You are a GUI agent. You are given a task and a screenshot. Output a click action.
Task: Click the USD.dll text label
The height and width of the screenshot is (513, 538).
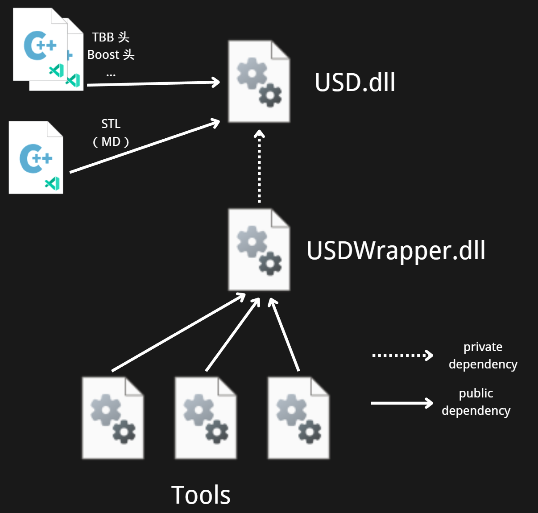(355, 82)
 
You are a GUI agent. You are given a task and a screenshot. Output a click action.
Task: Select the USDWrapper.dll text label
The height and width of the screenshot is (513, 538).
(396, 251)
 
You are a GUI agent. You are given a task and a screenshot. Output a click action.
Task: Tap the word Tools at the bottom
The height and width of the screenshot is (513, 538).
(201, 494)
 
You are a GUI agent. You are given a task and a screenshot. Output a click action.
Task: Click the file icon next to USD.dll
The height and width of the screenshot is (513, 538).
(259, 81)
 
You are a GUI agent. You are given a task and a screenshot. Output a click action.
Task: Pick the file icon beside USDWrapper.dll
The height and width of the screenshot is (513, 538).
(259, 249)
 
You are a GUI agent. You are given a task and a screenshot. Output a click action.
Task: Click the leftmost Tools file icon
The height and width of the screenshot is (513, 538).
(113, 418)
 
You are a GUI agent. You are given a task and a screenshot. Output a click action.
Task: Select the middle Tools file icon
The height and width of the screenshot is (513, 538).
(206, 418)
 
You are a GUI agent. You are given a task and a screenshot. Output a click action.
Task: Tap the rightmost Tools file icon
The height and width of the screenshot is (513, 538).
(298, 418)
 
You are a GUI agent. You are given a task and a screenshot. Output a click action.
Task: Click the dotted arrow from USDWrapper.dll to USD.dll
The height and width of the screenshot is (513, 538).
(259, 166)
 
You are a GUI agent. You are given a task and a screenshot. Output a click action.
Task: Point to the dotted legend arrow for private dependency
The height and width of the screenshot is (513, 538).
(402, 356)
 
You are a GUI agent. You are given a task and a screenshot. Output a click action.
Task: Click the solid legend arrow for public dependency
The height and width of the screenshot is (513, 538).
(402, 403)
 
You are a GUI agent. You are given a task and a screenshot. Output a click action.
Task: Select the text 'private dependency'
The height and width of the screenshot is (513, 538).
(483, 356)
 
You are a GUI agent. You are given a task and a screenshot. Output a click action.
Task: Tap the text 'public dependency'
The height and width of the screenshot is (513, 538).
(476, 402)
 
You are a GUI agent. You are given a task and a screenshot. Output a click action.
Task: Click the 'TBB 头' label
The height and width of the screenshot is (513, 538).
(111, 37)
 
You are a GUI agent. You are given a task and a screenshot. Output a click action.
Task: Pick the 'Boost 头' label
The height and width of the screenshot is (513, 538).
(111, 55)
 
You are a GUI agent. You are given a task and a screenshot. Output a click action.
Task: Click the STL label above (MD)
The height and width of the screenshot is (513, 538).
(111, 124)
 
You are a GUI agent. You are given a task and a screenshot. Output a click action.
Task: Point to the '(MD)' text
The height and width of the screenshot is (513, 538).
(111, 142)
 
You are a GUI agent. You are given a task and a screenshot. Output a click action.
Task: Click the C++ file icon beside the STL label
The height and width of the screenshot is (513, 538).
(36, 157)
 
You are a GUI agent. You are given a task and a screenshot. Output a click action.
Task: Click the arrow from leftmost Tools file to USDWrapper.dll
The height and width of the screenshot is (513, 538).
(178, 332)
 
